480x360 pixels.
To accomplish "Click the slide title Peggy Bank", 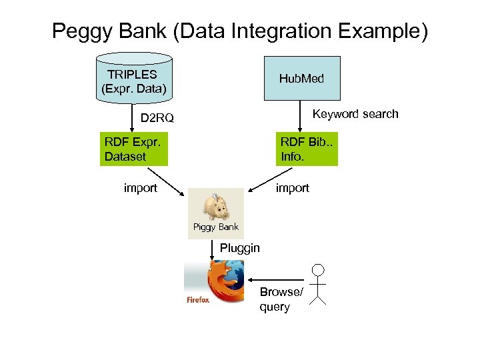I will [x=240, y=31].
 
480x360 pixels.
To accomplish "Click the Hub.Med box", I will [x=301, y=79].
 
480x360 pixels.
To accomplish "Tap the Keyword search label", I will [x=355, y=114].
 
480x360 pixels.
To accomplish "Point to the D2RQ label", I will [x=157, y=119].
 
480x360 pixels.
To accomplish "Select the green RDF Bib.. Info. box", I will [x=308, y=149].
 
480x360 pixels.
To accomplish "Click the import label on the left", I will [x=141, y=188].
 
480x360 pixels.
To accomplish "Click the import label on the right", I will [x=293, y=188].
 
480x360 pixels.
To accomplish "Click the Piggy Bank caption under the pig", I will [x=215, y=227].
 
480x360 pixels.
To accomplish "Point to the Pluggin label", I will [x=240, y=248].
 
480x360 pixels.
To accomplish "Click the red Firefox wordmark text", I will [x=197, y=300].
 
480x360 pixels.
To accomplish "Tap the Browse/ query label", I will [x=280, y=299].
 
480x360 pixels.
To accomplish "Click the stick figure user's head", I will [x=319, y=270].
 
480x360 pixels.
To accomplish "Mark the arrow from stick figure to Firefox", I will [x=277, y=280].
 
